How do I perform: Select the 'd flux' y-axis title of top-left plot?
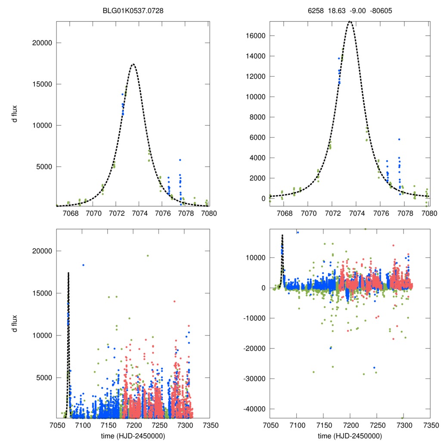tap(15, 114)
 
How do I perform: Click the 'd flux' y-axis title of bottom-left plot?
tap(15, 324)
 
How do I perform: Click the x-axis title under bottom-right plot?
tap(350, 435)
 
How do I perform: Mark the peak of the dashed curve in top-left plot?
tap(133, 64)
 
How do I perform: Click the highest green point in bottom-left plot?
tap(147, 256)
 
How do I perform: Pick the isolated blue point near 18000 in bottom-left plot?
tap(84, 265)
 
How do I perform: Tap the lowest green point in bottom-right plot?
tap(403, 418)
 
